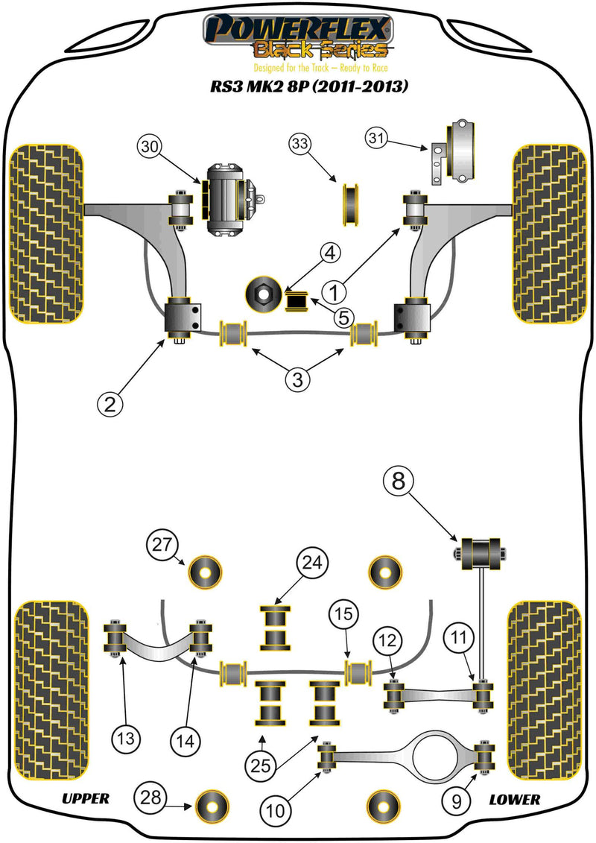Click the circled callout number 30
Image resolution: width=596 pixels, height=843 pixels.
[151, 148]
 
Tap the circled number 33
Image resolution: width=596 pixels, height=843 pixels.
[299, 145]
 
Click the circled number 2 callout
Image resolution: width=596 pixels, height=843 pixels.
[110, 404]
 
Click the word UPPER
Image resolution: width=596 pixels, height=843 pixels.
[85, 799]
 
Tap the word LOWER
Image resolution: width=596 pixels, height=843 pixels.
[514, 799]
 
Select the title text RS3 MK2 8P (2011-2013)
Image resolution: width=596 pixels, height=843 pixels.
[308, 86]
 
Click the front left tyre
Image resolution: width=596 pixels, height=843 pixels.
[45, 233]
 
